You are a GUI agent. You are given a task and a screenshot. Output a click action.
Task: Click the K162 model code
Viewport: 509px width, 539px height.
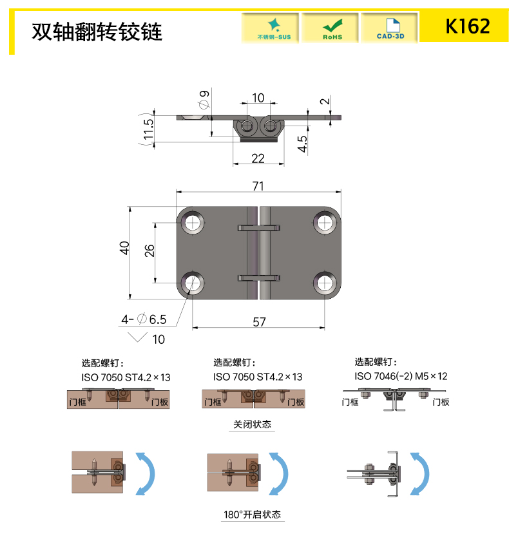[467, 26]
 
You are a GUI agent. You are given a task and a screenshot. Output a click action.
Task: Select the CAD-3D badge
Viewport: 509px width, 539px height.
[390, 28]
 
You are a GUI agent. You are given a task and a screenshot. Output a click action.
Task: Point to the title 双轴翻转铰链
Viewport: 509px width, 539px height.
[97, 32]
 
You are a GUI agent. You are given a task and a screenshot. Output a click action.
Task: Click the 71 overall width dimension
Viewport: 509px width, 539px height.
[258, 186]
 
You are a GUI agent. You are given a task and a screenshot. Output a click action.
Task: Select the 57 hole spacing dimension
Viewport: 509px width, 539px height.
[259, 322]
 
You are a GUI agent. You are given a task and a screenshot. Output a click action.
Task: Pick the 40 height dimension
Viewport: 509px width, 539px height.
[124, 248]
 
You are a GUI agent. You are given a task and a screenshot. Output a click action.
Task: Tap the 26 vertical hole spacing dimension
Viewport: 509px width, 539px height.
[149, 251]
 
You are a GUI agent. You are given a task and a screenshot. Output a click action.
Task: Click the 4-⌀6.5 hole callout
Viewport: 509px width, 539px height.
[144, 319]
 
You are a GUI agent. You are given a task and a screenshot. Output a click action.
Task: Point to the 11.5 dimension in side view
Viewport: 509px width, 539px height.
[148, 129]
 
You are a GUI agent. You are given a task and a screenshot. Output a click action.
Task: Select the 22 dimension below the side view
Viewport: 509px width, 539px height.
[258, 158]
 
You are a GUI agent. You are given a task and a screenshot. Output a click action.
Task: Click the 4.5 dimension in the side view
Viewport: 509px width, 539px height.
[302, 144]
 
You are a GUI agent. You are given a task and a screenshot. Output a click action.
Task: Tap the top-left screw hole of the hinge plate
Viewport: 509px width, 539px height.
[193, 223]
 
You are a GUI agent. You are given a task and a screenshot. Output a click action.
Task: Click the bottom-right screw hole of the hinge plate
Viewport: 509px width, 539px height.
[325, 283]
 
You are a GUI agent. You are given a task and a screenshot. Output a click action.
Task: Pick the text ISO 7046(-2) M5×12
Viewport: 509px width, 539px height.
[401, 377]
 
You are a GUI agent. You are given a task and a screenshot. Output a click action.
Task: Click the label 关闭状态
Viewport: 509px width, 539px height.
[252, 424]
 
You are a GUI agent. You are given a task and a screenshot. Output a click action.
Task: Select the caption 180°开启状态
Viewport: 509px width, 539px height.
[252, 515]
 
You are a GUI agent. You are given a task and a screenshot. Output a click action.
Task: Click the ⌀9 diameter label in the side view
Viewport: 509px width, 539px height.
[204, 99]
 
